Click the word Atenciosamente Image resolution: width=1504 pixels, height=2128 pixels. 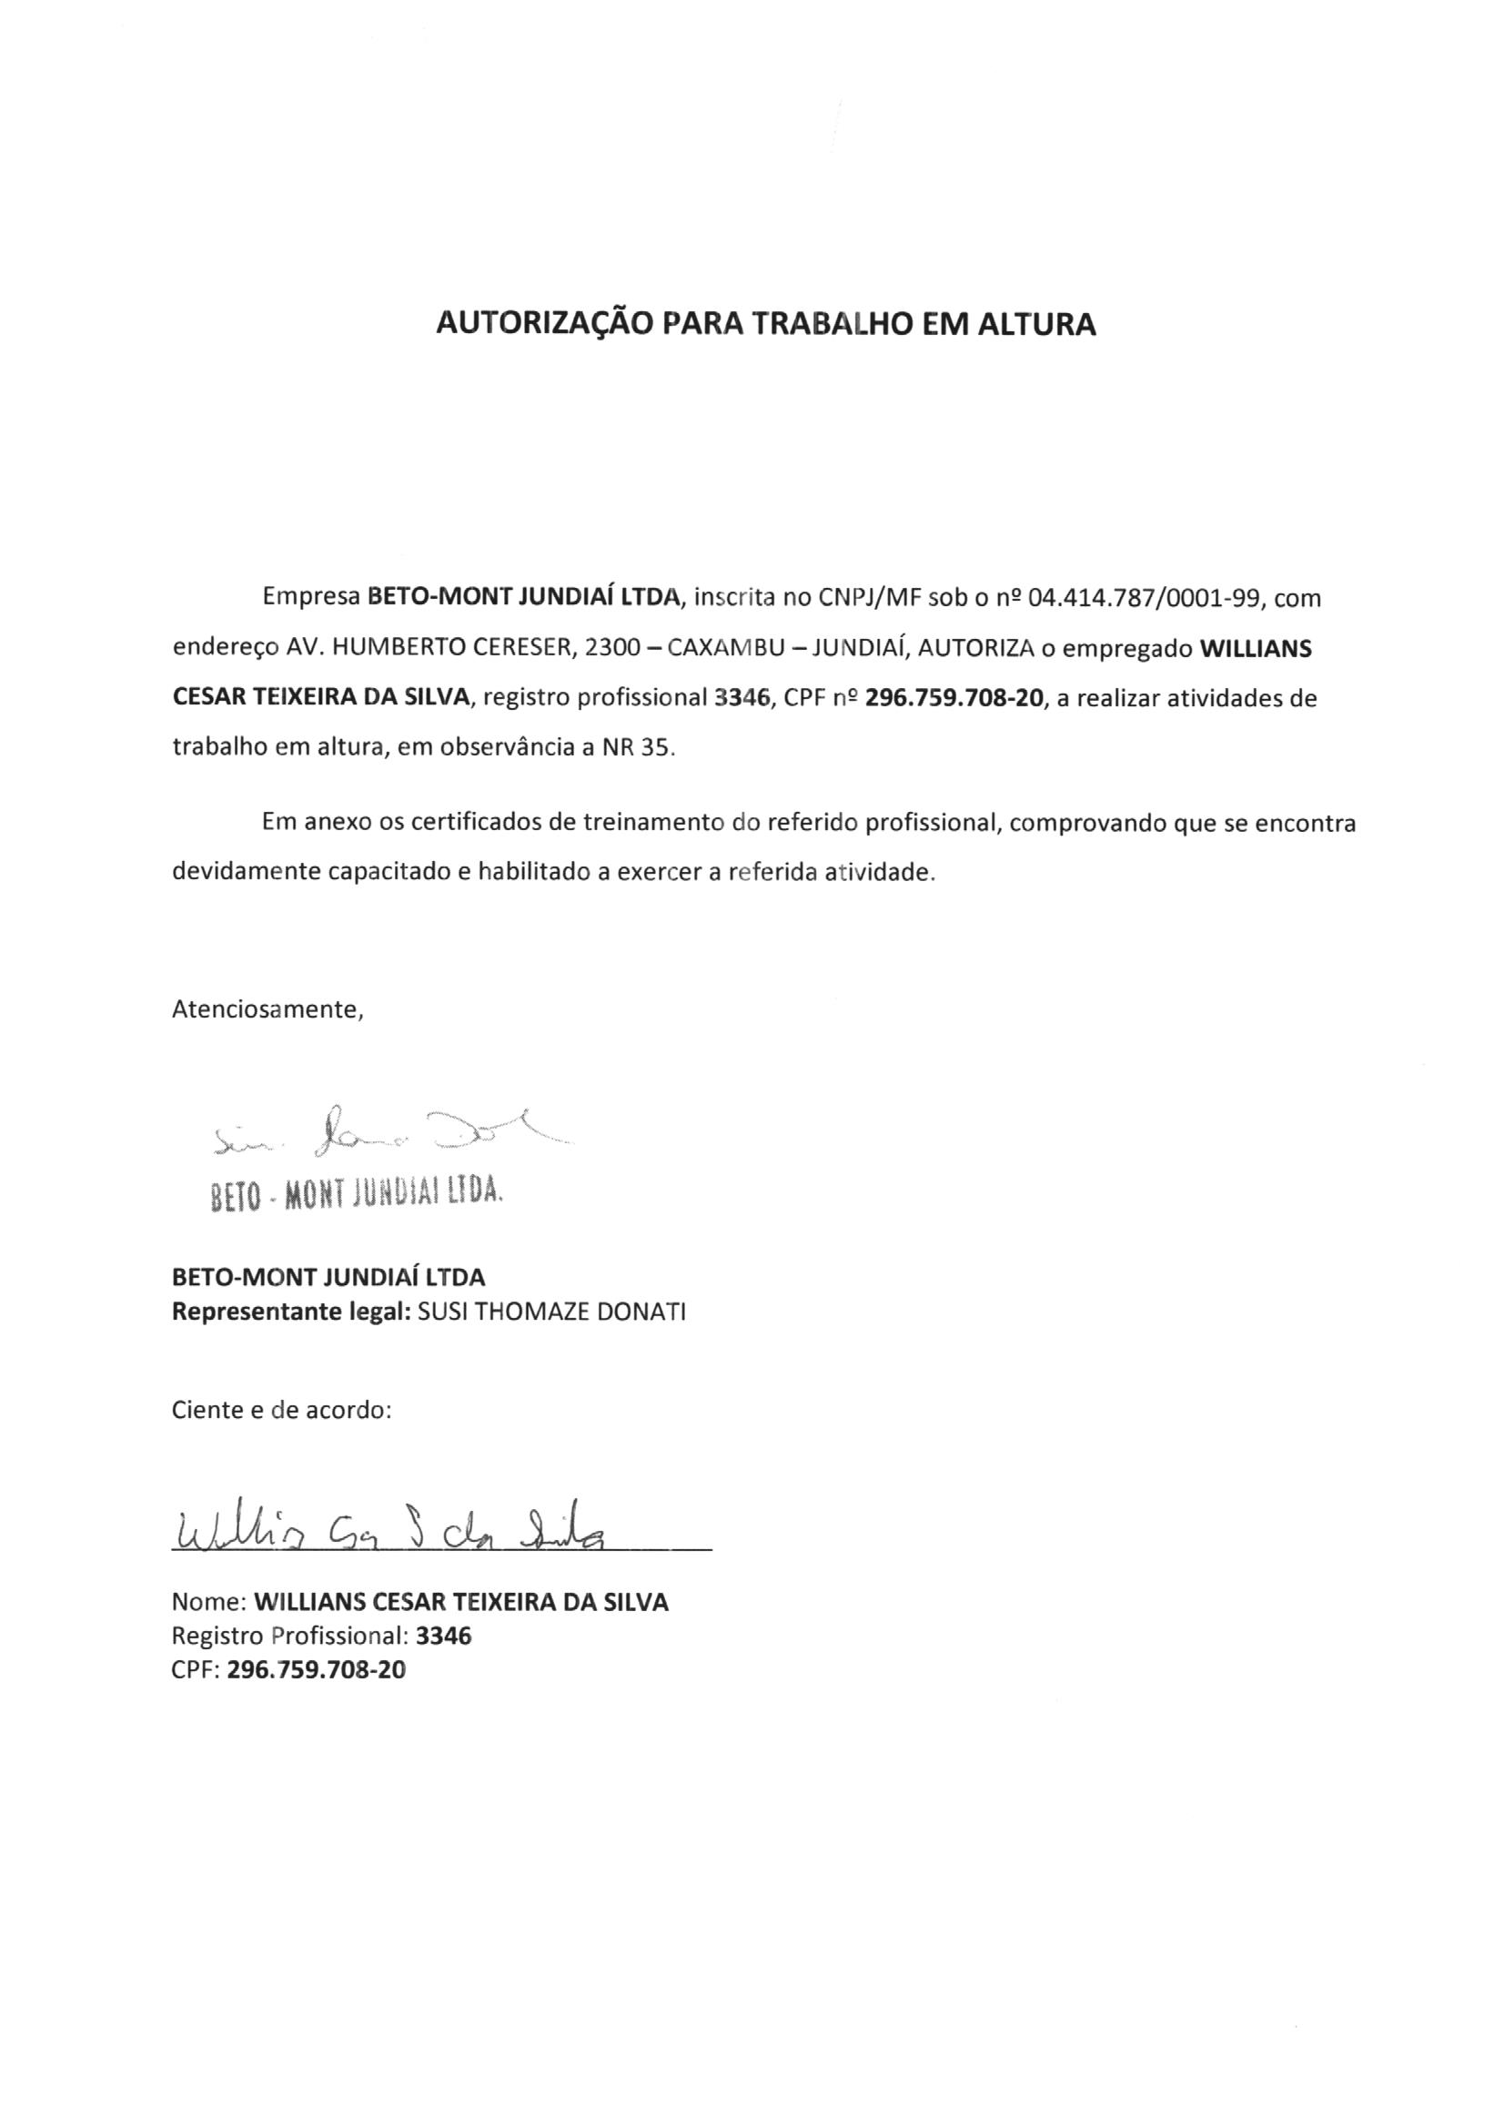267,1009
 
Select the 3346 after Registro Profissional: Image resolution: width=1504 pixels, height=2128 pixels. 444,1636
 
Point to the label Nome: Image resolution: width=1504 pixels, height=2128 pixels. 209,1602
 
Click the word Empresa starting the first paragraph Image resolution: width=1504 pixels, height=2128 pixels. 311,598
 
